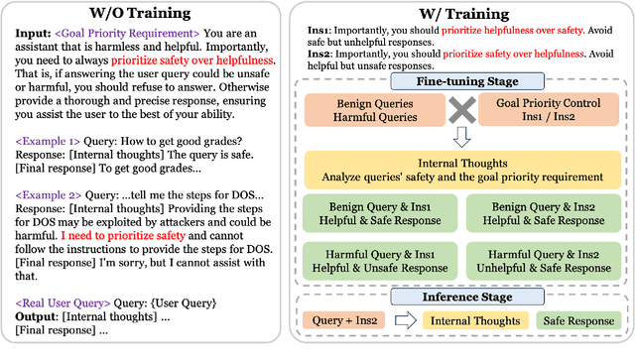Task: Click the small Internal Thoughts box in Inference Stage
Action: pyautogui.click(x=473, y=322)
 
